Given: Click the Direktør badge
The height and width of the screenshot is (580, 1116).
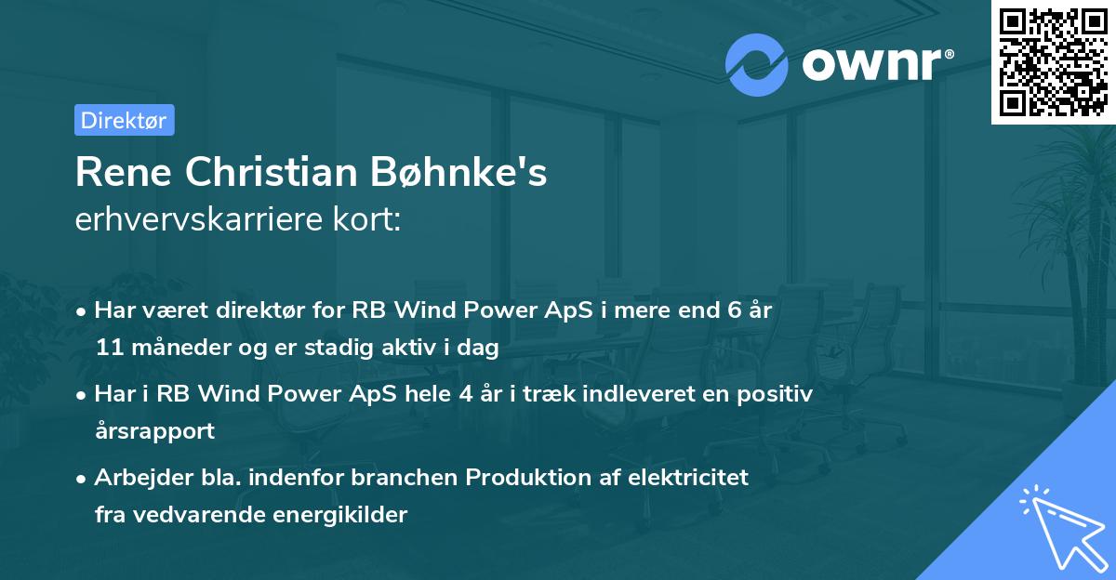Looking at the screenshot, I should (x=124, y=120).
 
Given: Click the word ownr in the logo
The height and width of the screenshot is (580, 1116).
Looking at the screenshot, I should (x=870, y=64).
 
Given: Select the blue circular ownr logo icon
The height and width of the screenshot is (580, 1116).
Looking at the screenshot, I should (x=757, y=64).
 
